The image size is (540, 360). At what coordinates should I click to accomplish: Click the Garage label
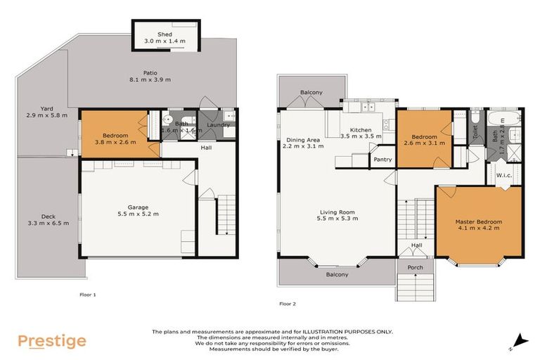pos(138,207)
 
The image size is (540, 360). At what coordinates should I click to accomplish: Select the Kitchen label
pos(361,130)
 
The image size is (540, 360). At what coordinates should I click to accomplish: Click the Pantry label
pos(382,160)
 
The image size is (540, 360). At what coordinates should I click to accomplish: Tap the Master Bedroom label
pos(478,221)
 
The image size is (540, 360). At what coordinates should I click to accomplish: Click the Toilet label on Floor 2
pos(475,131)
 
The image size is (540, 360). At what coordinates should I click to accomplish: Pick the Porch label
pos(415,268)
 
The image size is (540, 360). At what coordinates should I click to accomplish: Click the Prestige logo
pos(52,341)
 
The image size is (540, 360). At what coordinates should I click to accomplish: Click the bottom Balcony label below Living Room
pos(337,274)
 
